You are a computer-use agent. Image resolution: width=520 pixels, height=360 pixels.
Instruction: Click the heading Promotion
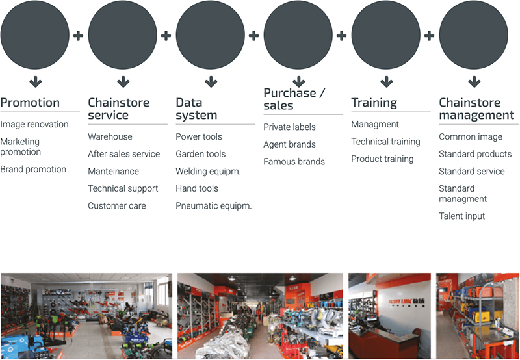pyautogui.click(x=30, y=103)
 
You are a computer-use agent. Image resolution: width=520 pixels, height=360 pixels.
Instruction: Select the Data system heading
pyautogui.click(x=196, y=109)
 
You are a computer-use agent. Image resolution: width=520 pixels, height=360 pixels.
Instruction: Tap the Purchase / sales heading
pyautogui.click(x=294, y=99)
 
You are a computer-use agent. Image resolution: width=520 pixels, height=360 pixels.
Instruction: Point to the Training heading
pyautogui.click(x=374, y=103)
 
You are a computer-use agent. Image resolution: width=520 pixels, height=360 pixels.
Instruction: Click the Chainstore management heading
pyautogui.click(x=476, y=109)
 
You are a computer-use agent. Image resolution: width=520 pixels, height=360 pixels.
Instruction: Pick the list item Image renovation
pyautogui.click(x=34, y=124)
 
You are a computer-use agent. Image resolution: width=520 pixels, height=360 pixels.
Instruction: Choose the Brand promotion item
pyautogui.click(x=33, y=169)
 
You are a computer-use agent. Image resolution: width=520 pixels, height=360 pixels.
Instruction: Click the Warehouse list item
pyautogui.click(x=110, y=136)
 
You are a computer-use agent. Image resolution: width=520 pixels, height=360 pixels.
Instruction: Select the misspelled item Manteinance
pyautogui.click(x=113, y=171)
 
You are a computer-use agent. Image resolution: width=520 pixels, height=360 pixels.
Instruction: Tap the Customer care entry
pyautogui.click(x=117, y=205)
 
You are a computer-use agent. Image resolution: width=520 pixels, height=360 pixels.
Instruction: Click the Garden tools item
pyautogui.click(x=201, y=154)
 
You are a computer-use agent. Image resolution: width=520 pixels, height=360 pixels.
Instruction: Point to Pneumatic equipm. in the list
pyautogui.click(x=214, y=206)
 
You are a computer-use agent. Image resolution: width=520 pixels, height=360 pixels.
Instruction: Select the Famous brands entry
pyautogui.click(x=294, y=161)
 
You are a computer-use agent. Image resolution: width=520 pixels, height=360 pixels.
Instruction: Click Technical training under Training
pyautogui.click(x=385, y=142)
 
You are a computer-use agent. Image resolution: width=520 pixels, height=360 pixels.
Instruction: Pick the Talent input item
pyautogui.click(x=462, y=216)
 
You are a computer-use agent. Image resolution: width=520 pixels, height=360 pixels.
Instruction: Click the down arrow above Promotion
pyautogui.click(x=36, y=81)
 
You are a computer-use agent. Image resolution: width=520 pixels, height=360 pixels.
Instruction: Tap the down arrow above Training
pyautogui.click(x=387, y=81)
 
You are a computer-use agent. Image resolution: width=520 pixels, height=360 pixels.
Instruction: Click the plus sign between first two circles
pyautogui.click(x=78, y=36)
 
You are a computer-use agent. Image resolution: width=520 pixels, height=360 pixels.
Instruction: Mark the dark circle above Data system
pyautogui.click(x=210, y=34)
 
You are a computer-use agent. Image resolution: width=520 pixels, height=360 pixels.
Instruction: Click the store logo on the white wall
pyautogui.click(x=407, y=302)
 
